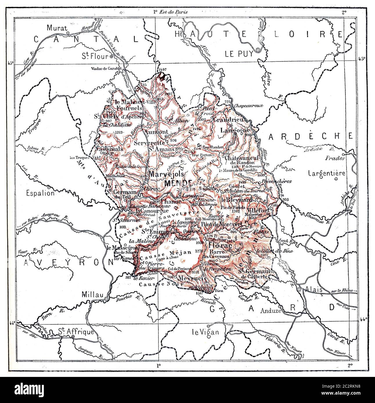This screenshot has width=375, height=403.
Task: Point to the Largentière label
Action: (x=324, y=173)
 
